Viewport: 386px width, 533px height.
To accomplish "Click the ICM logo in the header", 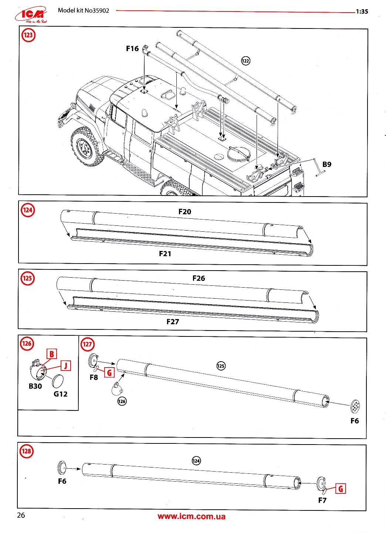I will (31, 14).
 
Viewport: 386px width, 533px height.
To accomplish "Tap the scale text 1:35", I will (362, 11).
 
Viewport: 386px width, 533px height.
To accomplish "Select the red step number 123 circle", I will (28, 36).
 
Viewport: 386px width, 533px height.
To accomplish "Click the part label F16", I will (132, 48).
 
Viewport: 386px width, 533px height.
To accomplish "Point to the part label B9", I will (327, 164).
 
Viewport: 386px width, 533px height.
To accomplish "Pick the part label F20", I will (184, 212).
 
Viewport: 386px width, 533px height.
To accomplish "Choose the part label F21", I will (165, 254).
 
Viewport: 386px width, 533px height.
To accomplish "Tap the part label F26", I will (199, 278).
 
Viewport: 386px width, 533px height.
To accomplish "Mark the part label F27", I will (173, 322).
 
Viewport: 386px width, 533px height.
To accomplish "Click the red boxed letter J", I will (66, 366).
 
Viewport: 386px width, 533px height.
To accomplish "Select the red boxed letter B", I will (52, 354).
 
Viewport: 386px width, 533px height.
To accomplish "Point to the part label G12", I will (61, 394).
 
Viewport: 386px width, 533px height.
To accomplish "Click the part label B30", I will (35, 386).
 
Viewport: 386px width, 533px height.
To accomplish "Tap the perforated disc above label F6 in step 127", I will (355, 406).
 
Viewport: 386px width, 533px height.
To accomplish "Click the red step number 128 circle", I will (27, 451).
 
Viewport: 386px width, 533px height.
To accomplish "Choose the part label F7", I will (322, 500).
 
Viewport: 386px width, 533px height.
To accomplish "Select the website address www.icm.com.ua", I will (191, 517).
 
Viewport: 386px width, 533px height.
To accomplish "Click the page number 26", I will (21, 515).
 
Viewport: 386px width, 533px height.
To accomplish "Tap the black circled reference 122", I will (246, 61).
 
